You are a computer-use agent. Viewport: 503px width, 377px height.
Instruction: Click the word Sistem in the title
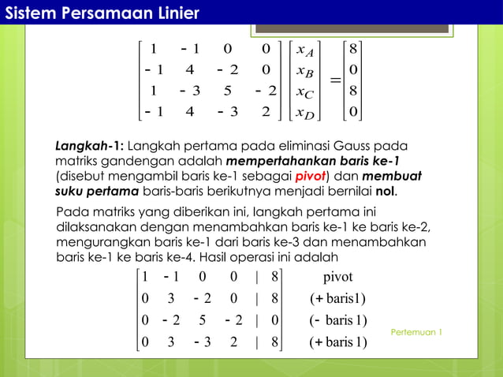[31, 13]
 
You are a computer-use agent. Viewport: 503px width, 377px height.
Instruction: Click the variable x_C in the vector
[304, 92]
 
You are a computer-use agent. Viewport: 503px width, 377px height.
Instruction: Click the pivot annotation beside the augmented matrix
[337, 278]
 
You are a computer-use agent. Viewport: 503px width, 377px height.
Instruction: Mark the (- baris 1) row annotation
[337, 320]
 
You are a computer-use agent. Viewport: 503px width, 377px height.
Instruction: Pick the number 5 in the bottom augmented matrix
[203, 320]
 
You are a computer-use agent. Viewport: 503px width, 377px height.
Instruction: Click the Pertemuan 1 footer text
[415, 332]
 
